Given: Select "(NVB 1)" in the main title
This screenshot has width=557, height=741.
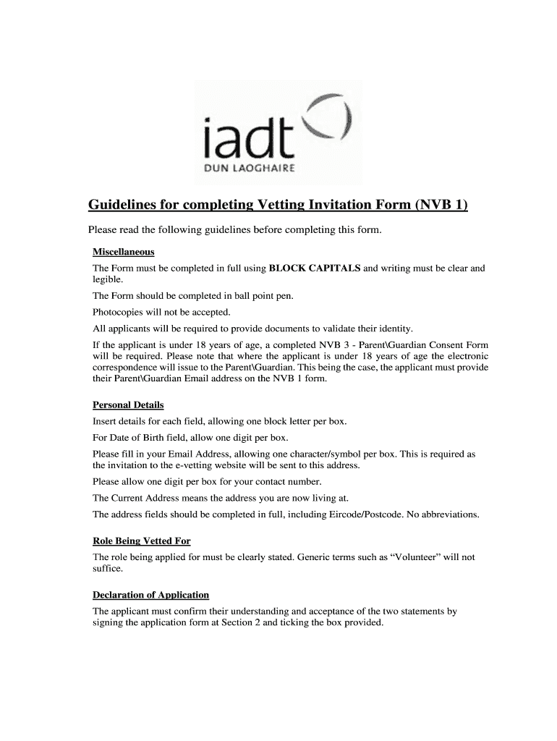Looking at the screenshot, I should (x=442, y=206).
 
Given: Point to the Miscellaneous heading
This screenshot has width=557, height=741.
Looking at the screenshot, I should (x=124, y=253).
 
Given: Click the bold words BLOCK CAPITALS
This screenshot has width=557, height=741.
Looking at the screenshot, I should (x=315, y=268).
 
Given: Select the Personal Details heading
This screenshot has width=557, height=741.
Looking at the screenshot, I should (x=128, y=405).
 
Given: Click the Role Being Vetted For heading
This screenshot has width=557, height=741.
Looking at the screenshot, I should (x=142, y=541).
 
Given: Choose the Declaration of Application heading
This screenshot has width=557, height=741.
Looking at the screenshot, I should (x=150, y=596).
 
